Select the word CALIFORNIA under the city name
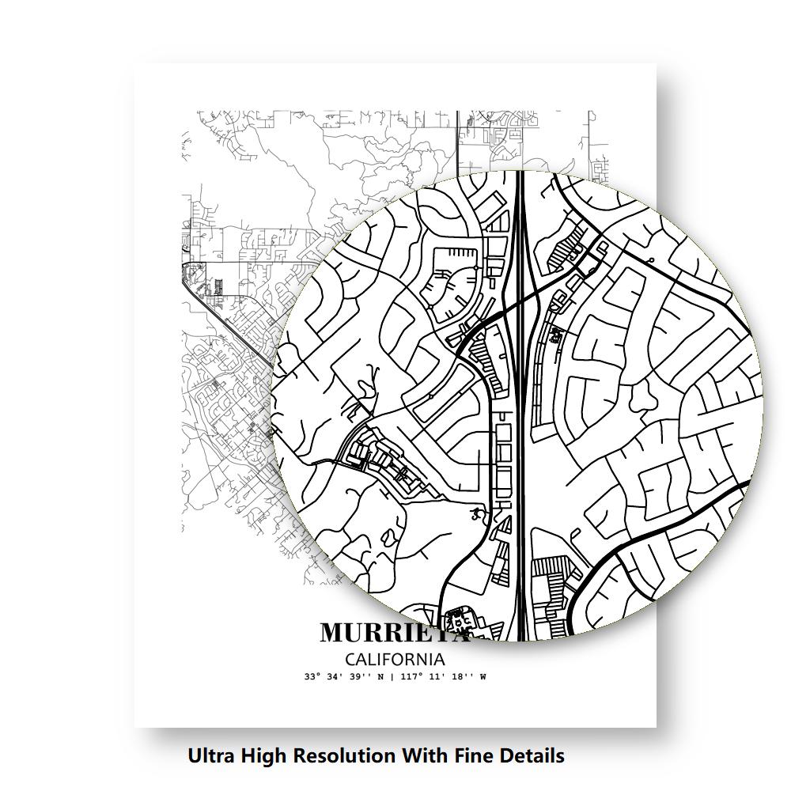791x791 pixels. [395, 659]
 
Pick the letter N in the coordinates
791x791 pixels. [382, 677]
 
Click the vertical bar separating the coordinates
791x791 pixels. [393, 677]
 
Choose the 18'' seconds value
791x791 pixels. [460, 677]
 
